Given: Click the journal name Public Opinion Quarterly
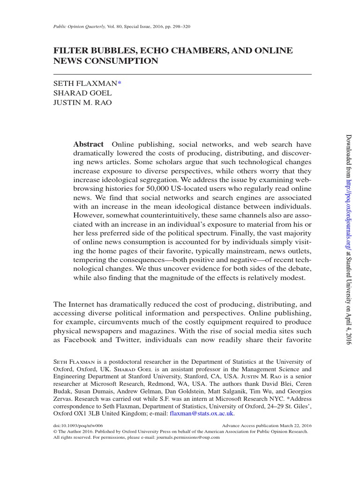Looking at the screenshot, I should [79, 26].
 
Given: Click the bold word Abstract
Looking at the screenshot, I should [88, 144].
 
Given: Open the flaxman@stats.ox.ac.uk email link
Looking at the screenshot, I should [202, 414].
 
